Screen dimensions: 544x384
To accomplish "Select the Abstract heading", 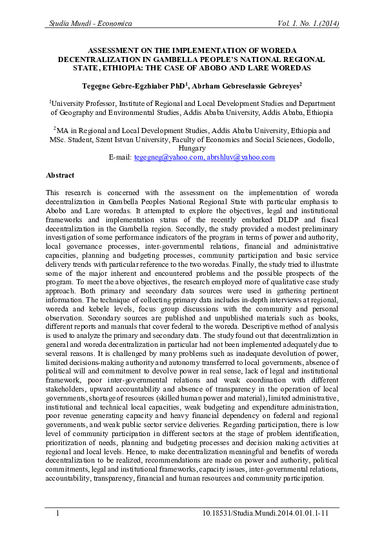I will [60, 175].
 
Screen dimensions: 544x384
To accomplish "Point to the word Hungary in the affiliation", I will [192, 148].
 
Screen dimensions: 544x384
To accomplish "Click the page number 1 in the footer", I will [58, 513].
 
